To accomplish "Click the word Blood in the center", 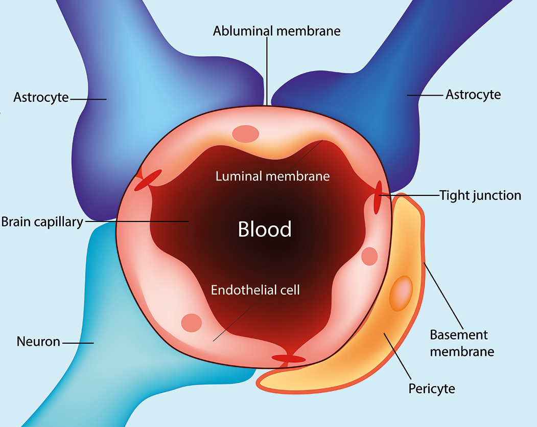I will coord(265,229).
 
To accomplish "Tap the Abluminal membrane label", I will coord(276,31).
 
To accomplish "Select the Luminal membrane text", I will coord(272,176).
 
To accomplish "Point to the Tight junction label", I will coord(480,195).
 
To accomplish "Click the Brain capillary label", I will coord(42,222).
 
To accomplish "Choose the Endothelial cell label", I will coord(255,290).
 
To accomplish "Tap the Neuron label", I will coord(39,341).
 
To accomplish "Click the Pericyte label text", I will coord(432,389).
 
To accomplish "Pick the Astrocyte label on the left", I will coord(41,97).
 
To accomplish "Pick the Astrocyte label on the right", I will coord(473,95).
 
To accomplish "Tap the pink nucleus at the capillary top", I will coord(245,134).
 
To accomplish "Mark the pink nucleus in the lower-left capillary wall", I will coord(192,322).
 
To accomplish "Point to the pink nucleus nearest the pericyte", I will coord(369,256).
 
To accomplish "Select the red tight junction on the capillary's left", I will coord(148,181).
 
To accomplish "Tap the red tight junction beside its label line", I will coord(378,197).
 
